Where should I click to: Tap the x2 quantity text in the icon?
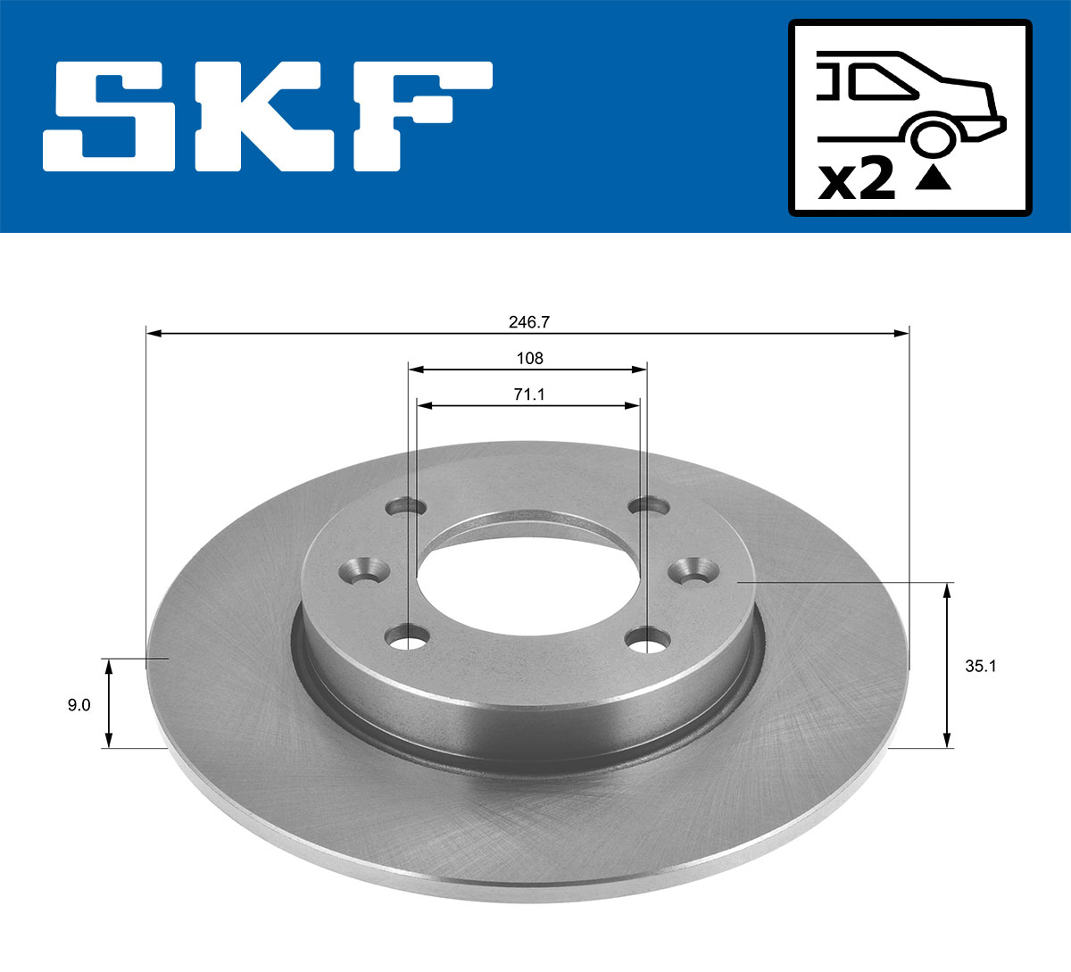[x=857, y=180]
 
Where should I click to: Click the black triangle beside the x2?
[x=934, y=179]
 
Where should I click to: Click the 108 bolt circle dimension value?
[x=529, y=358]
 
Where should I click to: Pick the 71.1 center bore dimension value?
[x=529, y=395]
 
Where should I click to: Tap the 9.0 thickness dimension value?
[x=79, y=705]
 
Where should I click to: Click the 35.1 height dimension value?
[x=980, y=666]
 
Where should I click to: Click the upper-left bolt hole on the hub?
[x=406, y=508]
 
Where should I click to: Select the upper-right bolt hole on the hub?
[x=649, y=507]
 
